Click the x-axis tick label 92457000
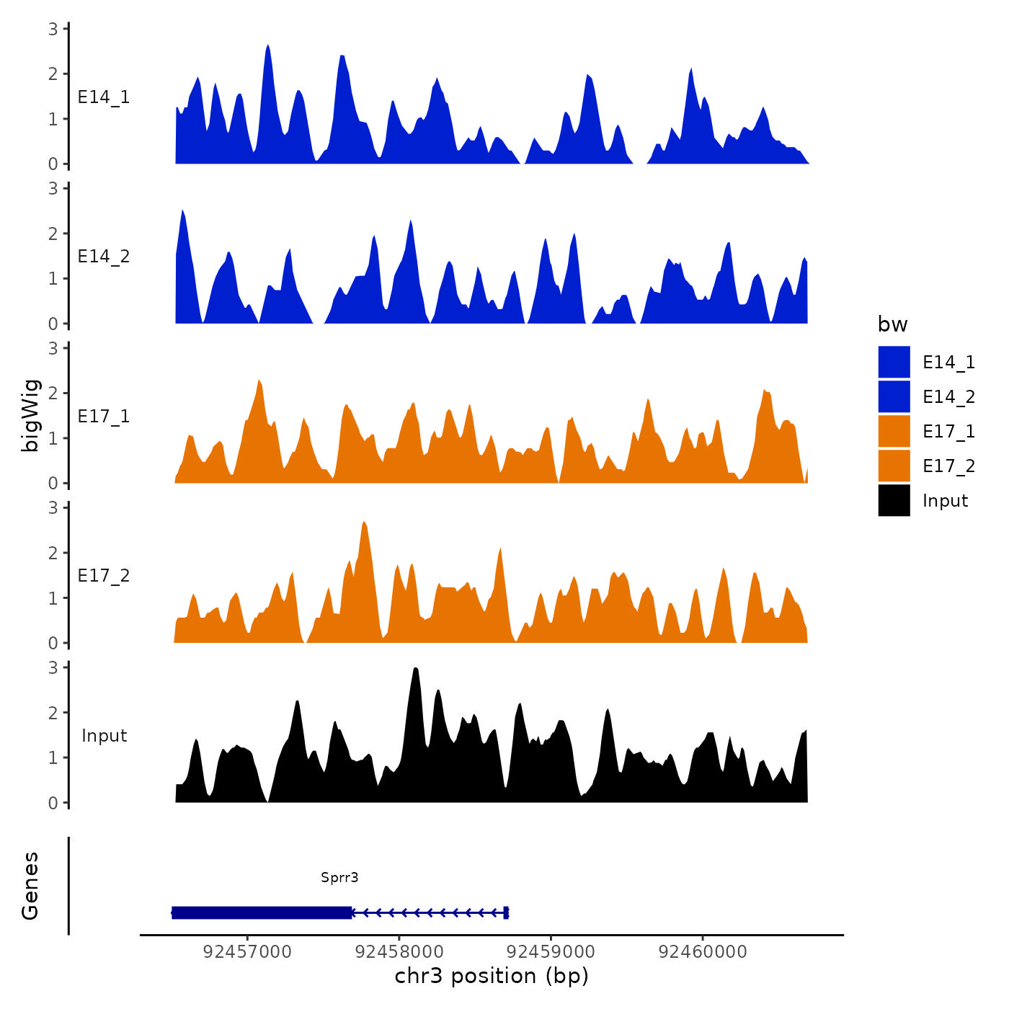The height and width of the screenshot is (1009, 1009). click(247, 951)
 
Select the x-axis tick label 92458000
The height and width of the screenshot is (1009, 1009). click(399, 951)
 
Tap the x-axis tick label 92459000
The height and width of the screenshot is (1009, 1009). click(551, 951)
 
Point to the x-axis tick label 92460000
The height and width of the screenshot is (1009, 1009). click(703, 951)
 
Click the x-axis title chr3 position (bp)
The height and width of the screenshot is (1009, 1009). click(492, 977)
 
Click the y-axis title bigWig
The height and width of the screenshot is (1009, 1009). click(30, 416)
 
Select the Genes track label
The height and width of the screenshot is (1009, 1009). click(30, 886)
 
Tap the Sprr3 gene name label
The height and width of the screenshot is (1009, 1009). click(339, 877)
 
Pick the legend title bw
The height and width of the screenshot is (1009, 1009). click(892, 324)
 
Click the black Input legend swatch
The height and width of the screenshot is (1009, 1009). click(894, 500)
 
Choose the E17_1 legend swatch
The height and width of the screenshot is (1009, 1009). click(894, 431)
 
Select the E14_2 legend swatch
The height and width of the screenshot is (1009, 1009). click(894, 396)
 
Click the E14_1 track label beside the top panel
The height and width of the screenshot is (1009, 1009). click(104, 97)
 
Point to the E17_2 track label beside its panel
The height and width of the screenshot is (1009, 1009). click(104, 576)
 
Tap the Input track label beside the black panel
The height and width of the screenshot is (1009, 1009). click(104, 736)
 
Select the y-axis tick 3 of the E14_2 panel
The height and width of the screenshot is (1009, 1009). click(53, 189)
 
